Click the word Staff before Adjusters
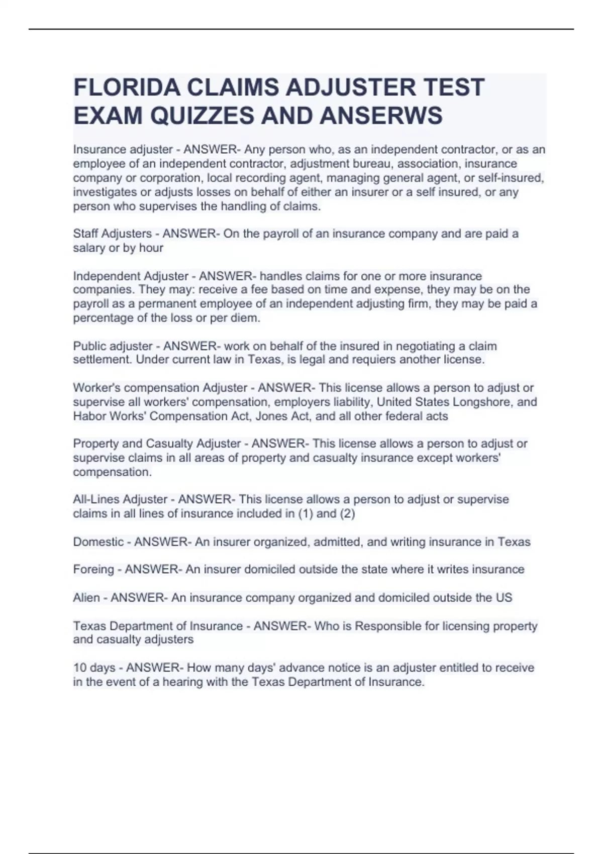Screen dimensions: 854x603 click(x=85, y=234)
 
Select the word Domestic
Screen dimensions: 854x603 click(x=98, y=542)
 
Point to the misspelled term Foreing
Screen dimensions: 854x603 click(x=93, y=569)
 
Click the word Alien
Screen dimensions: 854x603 click(x=86, y=598)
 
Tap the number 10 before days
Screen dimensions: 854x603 click(x=80, y=668)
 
